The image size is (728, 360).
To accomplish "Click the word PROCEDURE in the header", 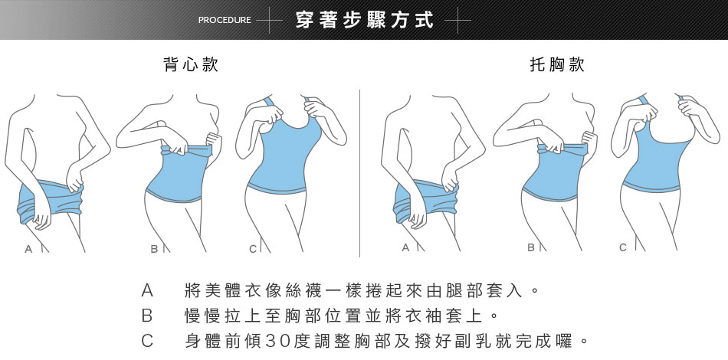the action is click(225, 20).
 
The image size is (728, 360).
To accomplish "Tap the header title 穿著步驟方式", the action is click(364, 20).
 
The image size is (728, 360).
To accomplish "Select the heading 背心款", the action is click(191, 64).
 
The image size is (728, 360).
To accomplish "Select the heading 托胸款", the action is click(557, 64).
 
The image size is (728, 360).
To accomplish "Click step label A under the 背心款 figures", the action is click(29, 249).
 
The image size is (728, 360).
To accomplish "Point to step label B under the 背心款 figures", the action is click(154, 249).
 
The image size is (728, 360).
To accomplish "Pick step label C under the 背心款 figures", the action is click(253, 249).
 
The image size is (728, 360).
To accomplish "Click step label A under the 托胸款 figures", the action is click(406, 248).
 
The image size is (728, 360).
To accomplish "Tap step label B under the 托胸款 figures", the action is click(531, 247).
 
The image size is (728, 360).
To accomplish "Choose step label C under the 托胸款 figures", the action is click(623, 247).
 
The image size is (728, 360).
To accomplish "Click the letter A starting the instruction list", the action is click(146, 290).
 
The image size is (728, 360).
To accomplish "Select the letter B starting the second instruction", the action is click(146, 316).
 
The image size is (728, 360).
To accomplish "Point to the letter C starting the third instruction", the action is click(146, 341).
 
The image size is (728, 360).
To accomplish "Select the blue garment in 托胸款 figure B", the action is click(555, 174).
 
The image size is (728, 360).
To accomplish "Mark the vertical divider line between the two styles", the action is click(360, 173).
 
